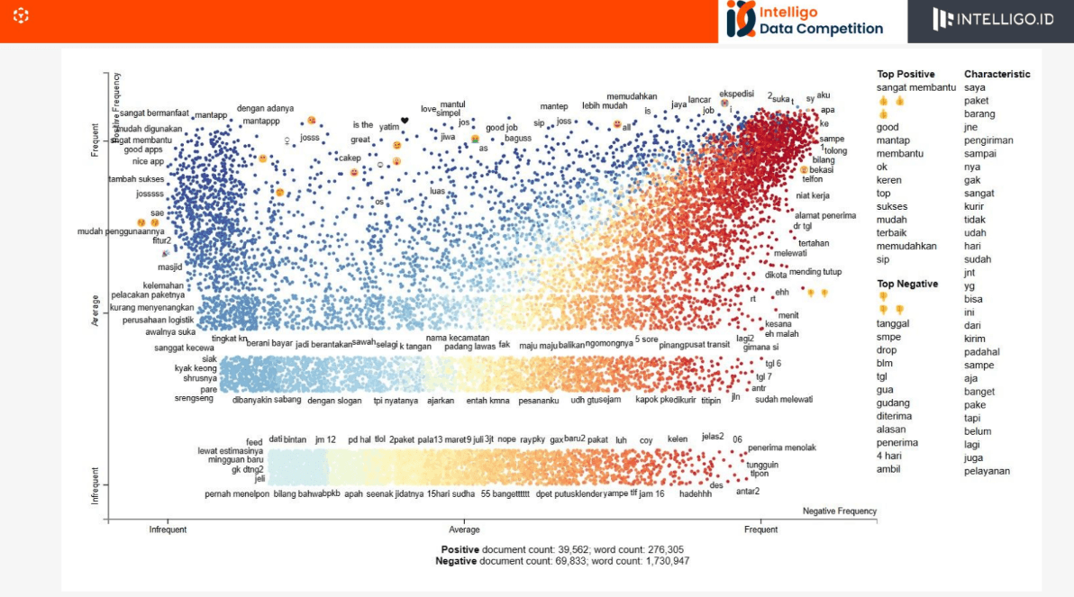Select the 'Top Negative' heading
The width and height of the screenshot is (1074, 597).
pos(907,284)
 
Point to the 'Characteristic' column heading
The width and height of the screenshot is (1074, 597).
pos(997,74)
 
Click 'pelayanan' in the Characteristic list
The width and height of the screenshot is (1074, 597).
pos(987,471)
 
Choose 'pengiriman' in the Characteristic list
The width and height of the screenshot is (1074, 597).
pos(988,140)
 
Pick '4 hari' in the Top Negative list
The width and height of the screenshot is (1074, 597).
pos(890,456)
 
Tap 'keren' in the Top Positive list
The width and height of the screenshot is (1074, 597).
pos(888,180)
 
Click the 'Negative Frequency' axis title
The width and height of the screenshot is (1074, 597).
pos(839,511)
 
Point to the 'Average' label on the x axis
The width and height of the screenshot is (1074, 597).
pos(464,529)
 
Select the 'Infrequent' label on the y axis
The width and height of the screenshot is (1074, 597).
pos(95,484)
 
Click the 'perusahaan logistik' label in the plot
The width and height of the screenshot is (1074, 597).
pos(159,320)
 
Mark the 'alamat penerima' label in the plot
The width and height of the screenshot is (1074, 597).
pos(824,215)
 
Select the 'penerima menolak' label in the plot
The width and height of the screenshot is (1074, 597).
pos(781,448)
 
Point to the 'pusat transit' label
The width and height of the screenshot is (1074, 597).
pos(707,344)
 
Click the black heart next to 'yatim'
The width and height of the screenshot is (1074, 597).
pos(405,121)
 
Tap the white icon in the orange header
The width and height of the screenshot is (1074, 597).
pos(22,15)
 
